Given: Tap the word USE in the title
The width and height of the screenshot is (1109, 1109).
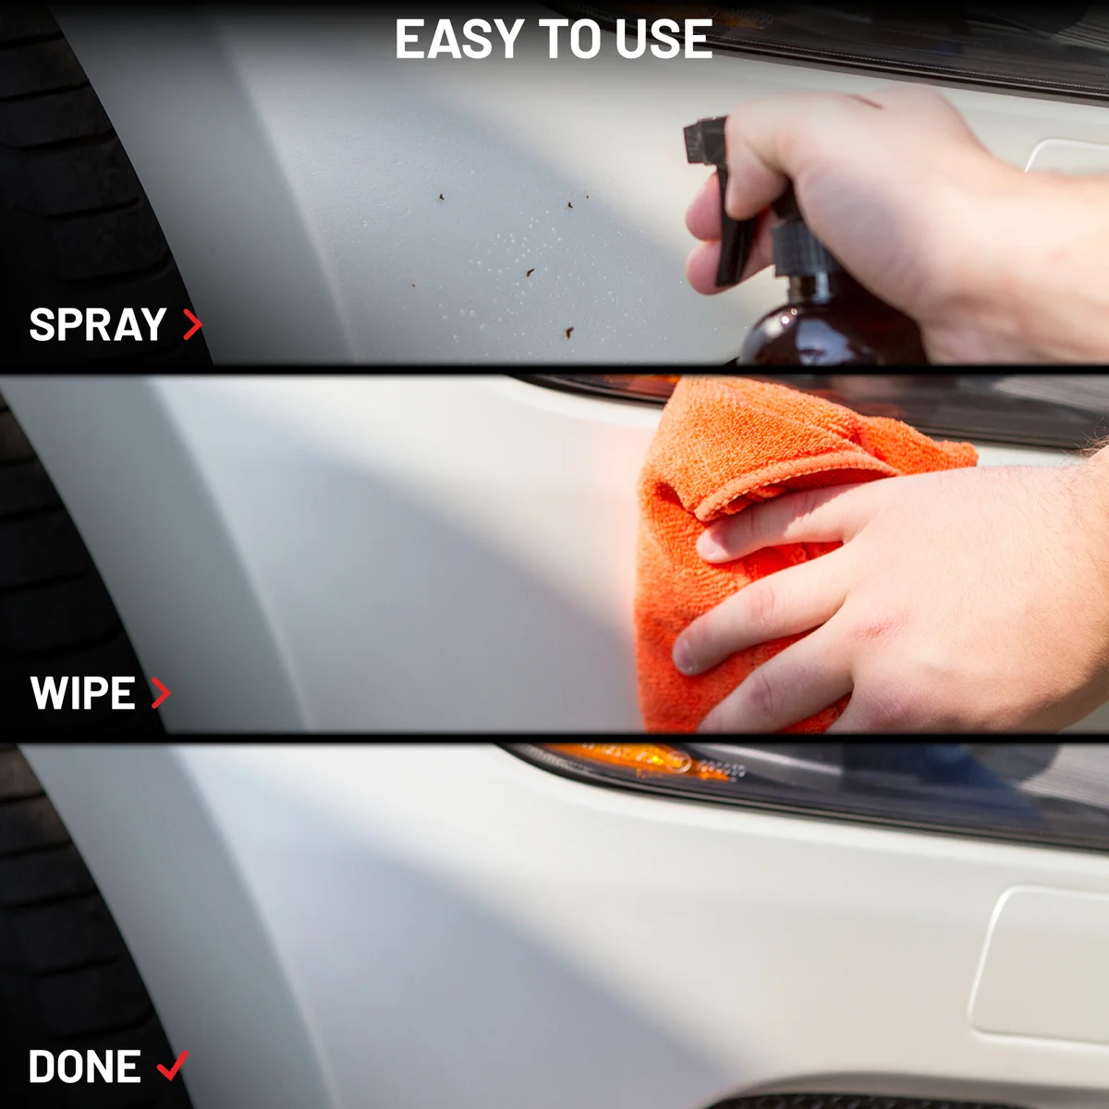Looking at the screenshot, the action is click(664, 39).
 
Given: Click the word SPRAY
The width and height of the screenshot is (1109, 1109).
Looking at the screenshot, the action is click(98, 324).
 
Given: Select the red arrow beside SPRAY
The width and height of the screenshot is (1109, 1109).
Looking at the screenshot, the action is click(193, 324).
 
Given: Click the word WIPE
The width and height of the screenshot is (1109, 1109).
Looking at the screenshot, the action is click(83, 693).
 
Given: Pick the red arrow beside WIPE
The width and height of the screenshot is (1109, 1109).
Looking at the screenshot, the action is click(161, 692).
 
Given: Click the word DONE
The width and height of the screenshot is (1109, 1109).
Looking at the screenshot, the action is click(85, 1066).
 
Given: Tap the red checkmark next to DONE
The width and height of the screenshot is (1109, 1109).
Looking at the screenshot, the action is click(173, 1065).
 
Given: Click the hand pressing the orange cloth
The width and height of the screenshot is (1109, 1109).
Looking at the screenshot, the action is click(897, 599).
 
